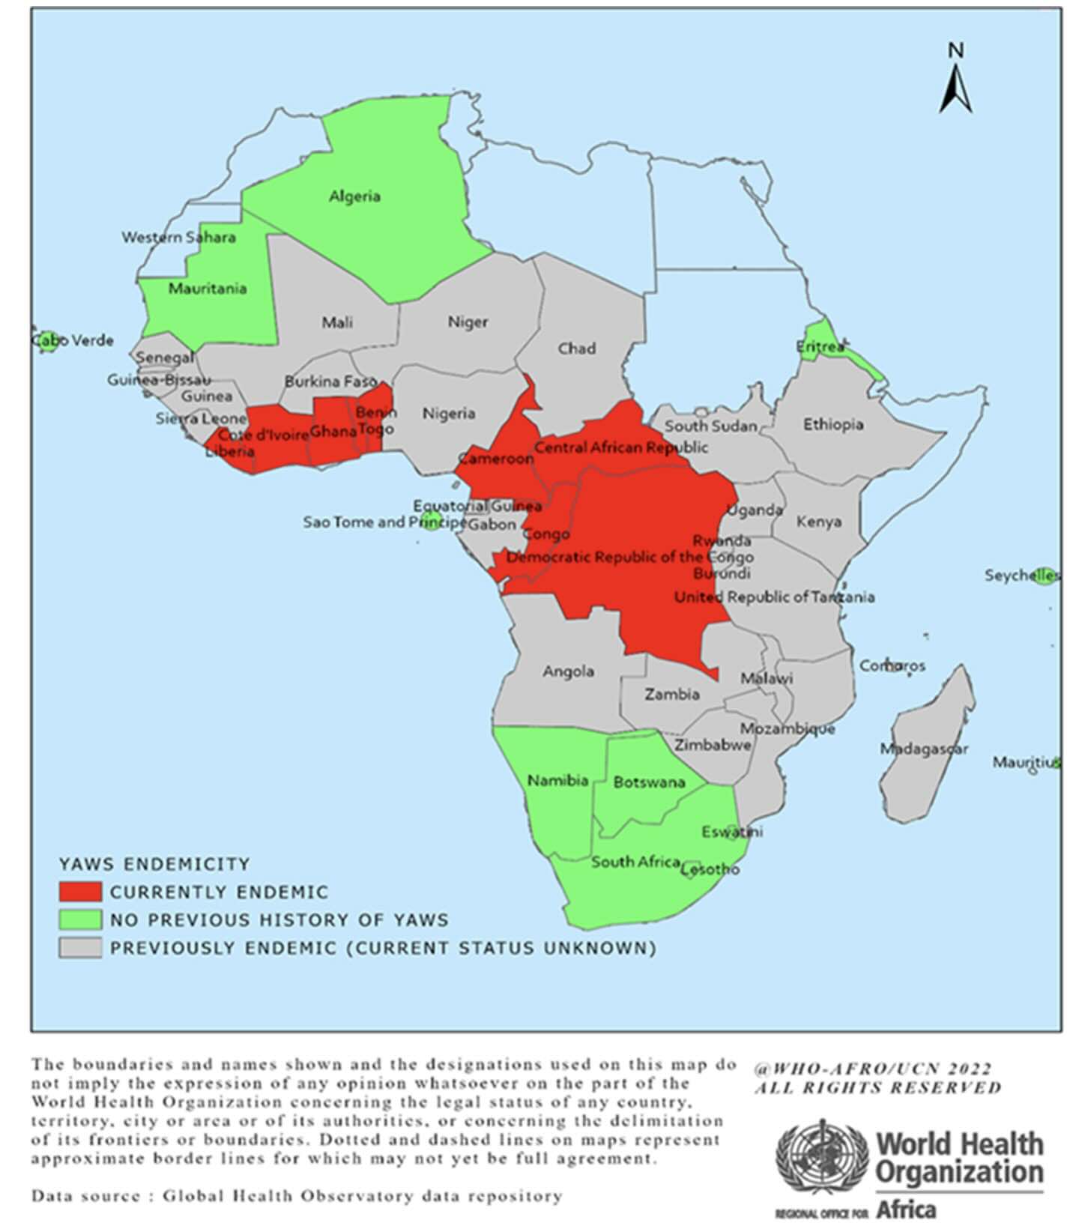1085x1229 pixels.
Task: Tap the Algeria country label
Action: click(x=354, y=196)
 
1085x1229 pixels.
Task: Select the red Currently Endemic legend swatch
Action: click(x=80, y=892)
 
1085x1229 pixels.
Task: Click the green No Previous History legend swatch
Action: click(x=80, y=920)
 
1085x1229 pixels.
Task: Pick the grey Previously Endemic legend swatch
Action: click(x=80, y=947)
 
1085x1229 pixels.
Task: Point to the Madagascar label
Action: click(x=923, y=749)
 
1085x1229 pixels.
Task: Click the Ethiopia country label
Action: click(x=833, y=425)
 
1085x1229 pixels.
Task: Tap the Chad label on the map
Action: click(x=576, y=348)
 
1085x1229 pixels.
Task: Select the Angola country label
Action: click(x=568, y=671)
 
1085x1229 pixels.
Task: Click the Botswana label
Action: click(x=649, y=782)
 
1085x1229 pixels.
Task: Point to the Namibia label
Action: click(x=557, y=781)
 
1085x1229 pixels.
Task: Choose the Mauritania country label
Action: click(x=207, y=289)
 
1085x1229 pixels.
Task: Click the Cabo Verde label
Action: click(x=73, y=341)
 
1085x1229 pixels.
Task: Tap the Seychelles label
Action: click(x=1021, y=576)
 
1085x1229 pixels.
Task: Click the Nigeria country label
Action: click(x=448, y=414)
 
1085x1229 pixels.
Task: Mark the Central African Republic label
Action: click(x=620, y=447)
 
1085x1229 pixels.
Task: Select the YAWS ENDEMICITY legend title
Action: click(x=154, y=864)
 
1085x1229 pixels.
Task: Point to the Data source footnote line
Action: click(x=296, y=1196)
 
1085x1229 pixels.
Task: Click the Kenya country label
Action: click(x=818, y=522)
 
